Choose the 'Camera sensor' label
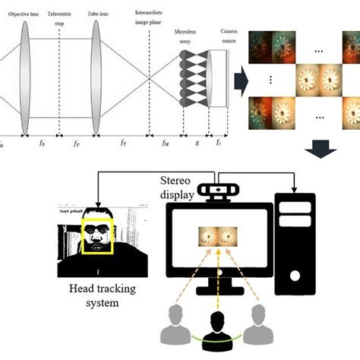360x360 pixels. tap(229, 35)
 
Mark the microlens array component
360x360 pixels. tap(193, 84)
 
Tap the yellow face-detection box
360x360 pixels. tap(96, 236)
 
